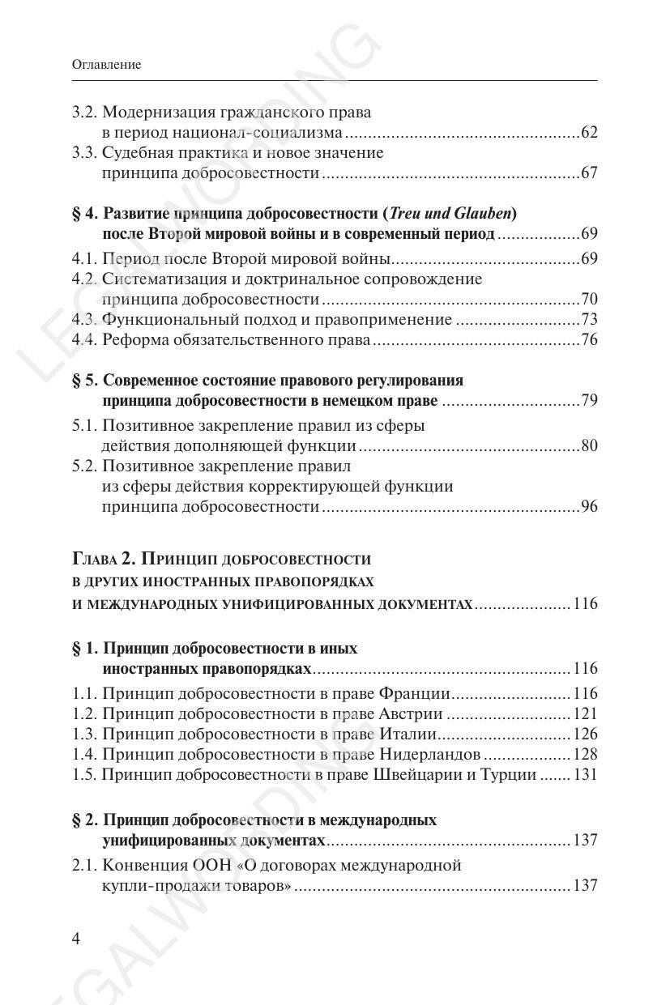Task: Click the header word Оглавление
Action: click(x=106, y=65)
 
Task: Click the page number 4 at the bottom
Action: click(x=76, y=939)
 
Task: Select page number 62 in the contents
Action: click(x=589, y=133)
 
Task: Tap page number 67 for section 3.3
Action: click(x=589, y=173)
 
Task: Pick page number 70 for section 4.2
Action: click(x=589, y=300)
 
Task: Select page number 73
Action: click(x=589, y=320)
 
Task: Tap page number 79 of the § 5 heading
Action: click(x=589, y=402)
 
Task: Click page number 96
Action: click(x=589, y=508)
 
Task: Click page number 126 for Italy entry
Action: click(x=585, y=735)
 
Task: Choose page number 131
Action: click(x=585, y=775)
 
